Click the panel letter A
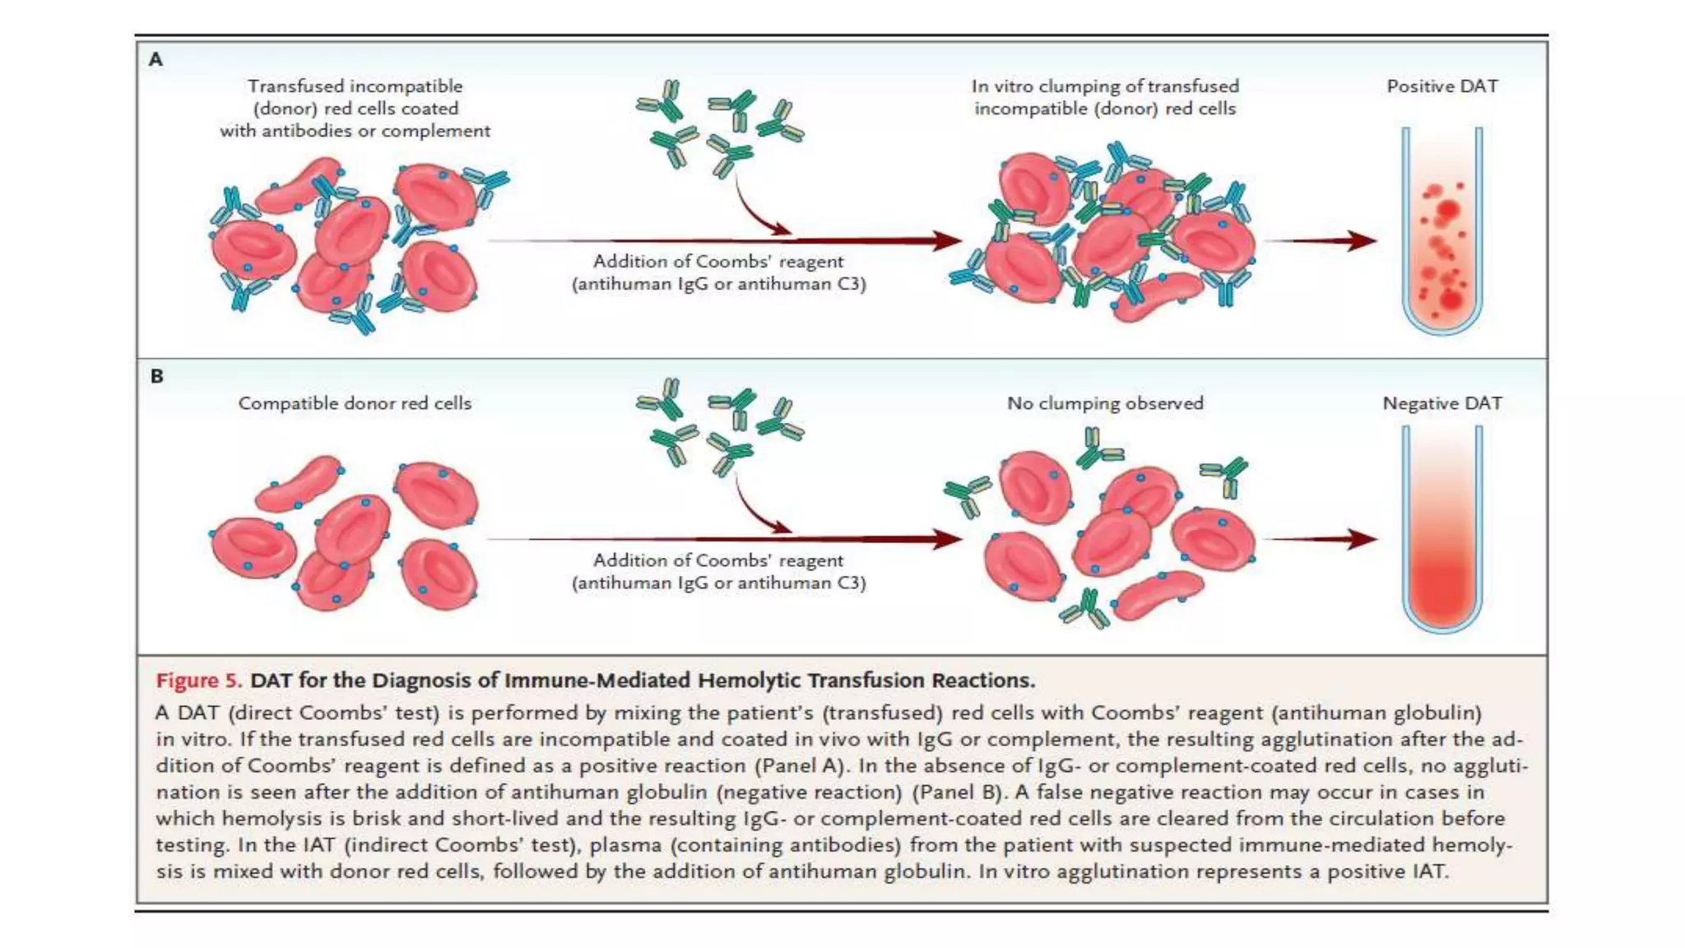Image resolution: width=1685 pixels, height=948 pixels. click(x=156, y=59)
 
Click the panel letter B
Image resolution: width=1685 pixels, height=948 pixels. click(x=156, y=376)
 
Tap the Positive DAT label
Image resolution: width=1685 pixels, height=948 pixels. click(x=1441, y=86)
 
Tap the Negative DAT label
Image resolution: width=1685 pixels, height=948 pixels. click(x=1441, y=403)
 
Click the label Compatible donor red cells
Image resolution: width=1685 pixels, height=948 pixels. click(x=355, y=403)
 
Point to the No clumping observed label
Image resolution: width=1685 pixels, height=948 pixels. click(x=1105, y=403)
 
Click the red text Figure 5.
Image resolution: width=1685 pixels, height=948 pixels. click(x=198, y=681)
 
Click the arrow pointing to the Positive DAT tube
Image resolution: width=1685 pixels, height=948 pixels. click(x=1320, y=240)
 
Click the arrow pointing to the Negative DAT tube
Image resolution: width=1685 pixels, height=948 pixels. click(x=1320, y=539)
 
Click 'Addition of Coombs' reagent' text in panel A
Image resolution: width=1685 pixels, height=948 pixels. click(x=718, y=262)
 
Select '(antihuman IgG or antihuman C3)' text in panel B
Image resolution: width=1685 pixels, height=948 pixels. click(x=718, y=583)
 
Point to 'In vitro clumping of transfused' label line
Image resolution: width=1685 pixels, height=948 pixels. click(x=1105, y=86)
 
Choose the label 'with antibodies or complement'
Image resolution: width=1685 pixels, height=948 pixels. click(x=355, y=131)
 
